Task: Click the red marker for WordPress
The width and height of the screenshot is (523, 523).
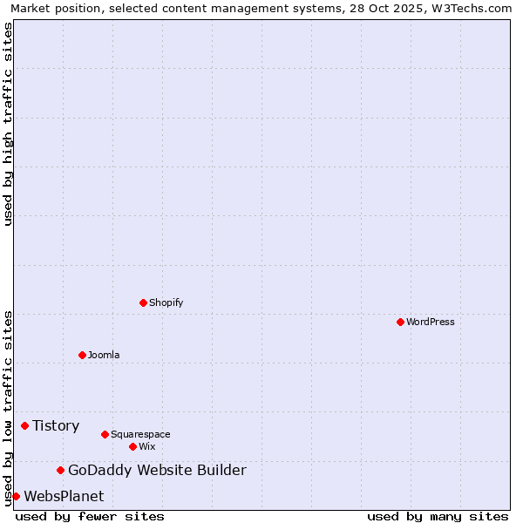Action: pyautogui.click(x=400, y=322)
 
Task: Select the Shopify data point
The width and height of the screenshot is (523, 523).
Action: pyautogui.click(x=143, y=302)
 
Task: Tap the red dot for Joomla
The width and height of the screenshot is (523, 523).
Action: pyautogui.click(x=82, y=355)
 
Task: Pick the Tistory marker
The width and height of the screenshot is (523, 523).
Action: pyautogui.click(x=24, y=425)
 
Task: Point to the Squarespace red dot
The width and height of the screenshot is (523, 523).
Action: pyautogui.click(x=105, y=434)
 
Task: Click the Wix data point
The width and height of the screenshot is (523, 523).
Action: pyautogui.click(x=132, y=446)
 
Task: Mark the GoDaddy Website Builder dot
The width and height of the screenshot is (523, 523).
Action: pyautogui.click(x=60, y=471)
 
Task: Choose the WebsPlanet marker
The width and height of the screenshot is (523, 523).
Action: pyautogui.click(x=16, y=496)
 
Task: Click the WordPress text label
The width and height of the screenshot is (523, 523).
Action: pyautogui.click(x=431, y=322)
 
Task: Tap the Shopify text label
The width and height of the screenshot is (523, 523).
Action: pyautogui.click(x=166, y=302)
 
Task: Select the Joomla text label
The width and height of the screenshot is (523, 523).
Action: pyautogui.click(x=104, y=355)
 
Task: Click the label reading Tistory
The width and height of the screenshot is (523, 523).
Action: pyautogui.click(x=56, y=425)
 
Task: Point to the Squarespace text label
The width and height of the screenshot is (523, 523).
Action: pyautogui.click(x=140, y=434)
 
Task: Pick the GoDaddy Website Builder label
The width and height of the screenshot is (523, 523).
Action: pyautogui.click(x=157, y=471)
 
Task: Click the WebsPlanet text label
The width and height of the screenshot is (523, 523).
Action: pyautogui.click(x=64, y=496)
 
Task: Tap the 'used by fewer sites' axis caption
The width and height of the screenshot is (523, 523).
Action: pyautogui.click(x=90, y=516)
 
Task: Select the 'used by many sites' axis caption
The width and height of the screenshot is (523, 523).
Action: pyautogui.click(x=438, y=516)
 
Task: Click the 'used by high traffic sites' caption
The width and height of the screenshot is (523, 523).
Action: pyautogui.click(x=8, y=124)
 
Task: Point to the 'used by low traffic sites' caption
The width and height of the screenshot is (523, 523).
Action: pyautogui.click(x=8, y=408)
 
